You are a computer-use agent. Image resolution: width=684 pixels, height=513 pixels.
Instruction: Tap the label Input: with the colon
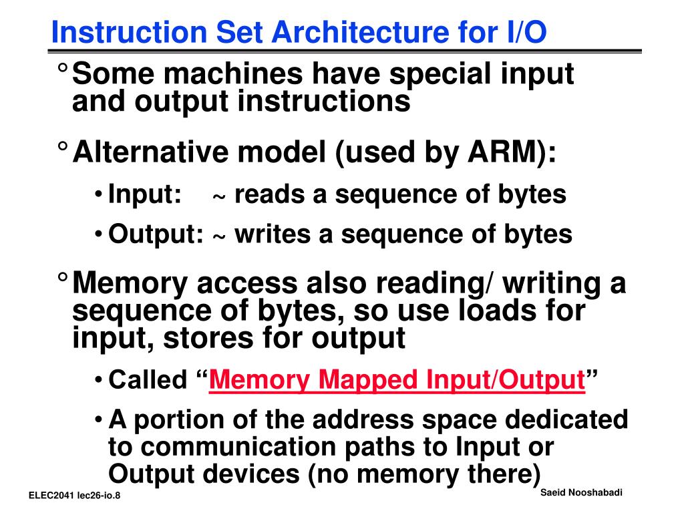pyautogui.click(x=145, y=194)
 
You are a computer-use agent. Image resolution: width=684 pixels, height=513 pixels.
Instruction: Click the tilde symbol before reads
pyautogui.click(x=219, y=197)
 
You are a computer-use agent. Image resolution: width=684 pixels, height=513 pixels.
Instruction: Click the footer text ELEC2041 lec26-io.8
pyautogui.click(x=78, y=496)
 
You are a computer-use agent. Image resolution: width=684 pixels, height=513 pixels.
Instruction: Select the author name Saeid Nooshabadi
pyautogui.click(x=580, y=492)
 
